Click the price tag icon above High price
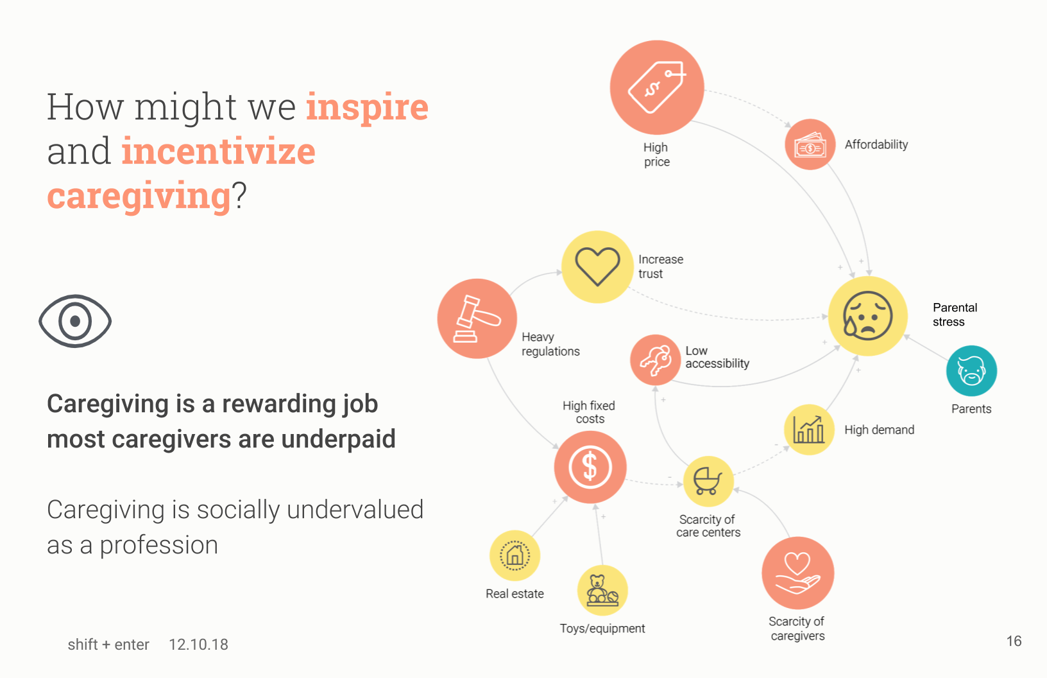click(x=657, y=87)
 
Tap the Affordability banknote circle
click(x=810, y=144)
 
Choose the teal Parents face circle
click(x=971, y=371)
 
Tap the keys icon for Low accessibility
click(x=655, y=360)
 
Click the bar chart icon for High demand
click(x=809, y=430)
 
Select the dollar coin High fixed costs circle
click(x=590, y=467)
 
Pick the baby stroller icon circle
click(x=708, y=482)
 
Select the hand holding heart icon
click(x=797, y=573)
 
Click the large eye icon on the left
click(x=75, y=321)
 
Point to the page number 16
click(x=1014, y=641)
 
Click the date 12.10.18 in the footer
click(x=198, y=645)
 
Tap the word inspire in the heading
click(x=367, y=107)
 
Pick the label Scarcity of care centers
click(x=708, y=526)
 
